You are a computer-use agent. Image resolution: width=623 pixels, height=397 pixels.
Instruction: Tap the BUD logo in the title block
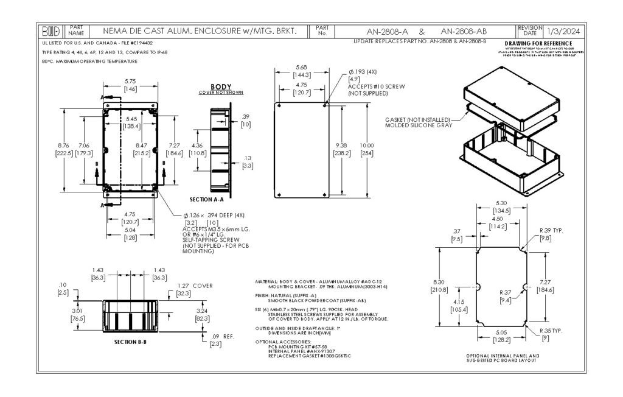click(x=49, y=31)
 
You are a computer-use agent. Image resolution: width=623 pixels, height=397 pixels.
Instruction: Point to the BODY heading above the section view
click(x=221, y=87)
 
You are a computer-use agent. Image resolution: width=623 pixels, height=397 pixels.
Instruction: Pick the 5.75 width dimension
click(x=130, y=82)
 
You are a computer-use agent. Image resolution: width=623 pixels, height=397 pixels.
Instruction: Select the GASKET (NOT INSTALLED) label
click(x=418, y=119)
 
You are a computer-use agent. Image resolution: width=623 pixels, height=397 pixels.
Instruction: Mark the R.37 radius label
click(x=505, y=292)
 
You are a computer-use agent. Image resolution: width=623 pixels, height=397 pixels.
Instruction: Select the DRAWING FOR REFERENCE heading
click(x=538, y=43)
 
